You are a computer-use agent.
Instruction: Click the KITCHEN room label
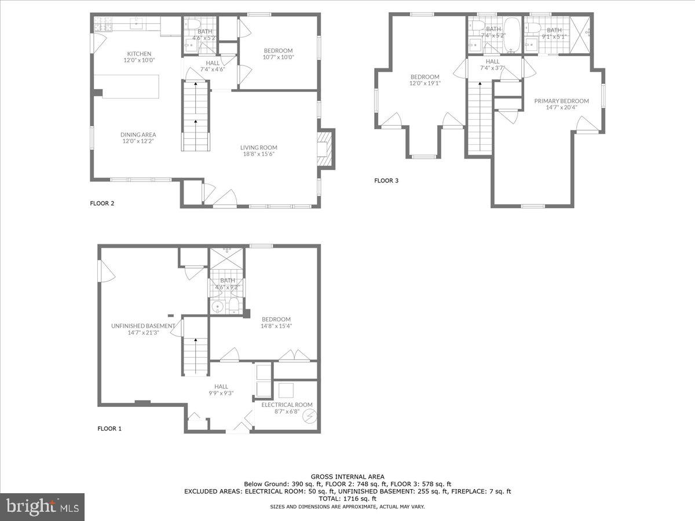(x=139, y=54)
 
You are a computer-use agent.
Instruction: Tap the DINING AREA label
(x=138, y=134)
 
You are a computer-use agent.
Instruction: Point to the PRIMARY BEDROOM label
(x=561, y=101)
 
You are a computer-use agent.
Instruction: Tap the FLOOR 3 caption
(x=386, y=181)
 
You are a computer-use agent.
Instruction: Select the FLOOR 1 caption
(x=109, y=429)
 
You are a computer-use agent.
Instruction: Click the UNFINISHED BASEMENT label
(x=143, y=326)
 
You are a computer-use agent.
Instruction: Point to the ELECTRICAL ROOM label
(x=287, y=405)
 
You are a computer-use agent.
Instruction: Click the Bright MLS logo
(x=42, y=507)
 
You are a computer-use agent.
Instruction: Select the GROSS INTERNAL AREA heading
(x=347, y=477)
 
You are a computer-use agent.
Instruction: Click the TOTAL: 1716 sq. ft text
(x=347, y=498)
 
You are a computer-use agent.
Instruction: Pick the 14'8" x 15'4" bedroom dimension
(x=276, y=326)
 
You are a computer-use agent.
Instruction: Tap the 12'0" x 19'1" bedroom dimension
(x=425, y=83)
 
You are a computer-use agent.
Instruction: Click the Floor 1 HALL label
(x=221, y=386)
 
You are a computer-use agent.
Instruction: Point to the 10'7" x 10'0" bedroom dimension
(x=279, y=57)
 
